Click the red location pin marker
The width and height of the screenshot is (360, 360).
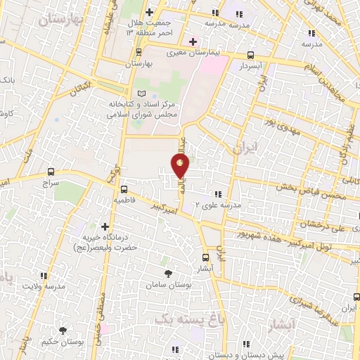[x=181, y=166]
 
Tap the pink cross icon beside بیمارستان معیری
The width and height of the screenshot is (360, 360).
[x=193, y=41]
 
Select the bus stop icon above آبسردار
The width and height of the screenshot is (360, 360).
[x=251, y=54]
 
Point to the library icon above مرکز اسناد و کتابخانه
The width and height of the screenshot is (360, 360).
[x=142, y=94]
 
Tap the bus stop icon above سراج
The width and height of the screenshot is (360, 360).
[x=51, y=171]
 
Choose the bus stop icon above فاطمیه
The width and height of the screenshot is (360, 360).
[x=124, y=189]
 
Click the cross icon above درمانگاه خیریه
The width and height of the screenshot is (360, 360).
[x=105, y=227]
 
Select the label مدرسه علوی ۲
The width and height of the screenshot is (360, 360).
[x=223, y=205]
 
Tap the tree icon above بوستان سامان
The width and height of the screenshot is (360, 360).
[x=168, y=274]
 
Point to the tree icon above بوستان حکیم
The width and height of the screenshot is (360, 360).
[x=63, y=330]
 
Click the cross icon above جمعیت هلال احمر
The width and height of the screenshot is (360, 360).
[x=148, y=13]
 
